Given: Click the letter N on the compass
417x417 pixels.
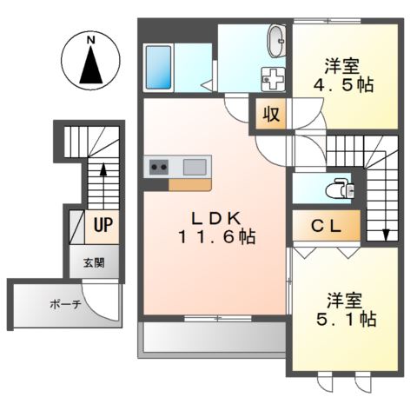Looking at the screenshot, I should (90, 39).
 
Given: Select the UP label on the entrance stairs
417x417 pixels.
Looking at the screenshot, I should (102, 227).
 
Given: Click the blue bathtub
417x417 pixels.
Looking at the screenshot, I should (162, 65).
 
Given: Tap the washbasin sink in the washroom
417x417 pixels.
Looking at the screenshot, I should (276, 40).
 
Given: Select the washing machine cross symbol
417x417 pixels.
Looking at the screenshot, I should (272, 78).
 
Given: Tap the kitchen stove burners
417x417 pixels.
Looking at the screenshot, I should (159, 167).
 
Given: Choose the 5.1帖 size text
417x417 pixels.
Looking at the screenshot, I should (345, 319).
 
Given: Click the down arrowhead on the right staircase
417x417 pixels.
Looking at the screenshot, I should (386, 234).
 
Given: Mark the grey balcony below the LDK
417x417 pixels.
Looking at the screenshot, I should (212, 337).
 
